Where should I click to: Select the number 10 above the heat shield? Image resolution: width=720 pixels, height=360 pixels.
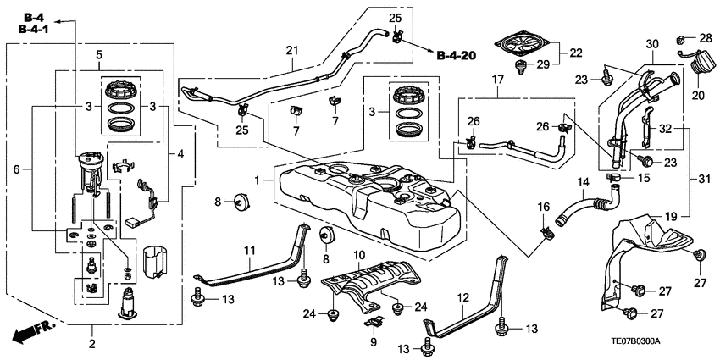(x=358, y=254)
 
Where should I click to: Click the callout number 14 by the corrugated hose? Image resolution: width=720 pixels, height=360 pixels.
(x=559, y=182)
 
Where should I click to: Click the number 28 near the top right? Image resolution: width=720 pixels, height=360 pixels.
(x=706, y=38)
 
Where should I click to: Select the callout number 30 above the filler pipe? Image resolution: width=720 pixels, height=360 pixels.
(x=651, y=43)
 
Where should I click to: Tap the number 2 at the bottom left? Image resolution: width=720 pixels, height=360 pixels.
(x=92, y=343)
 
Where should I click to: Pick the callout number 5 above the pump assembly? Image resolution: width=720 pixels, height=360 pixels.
(x=99, y=55)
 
